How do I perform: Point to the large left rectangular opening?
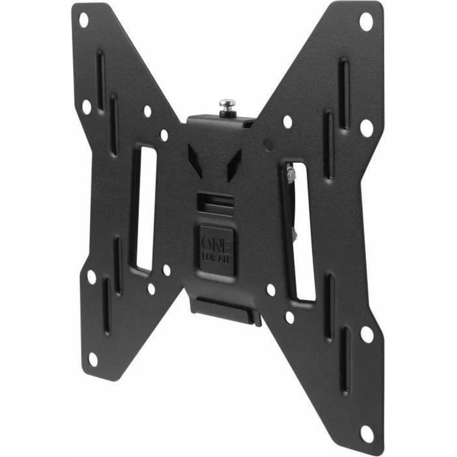coord(143,209)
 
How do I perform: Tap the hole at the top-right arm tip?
coord(365,22)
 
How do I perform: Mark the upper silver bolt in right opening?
coord(291,174)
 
